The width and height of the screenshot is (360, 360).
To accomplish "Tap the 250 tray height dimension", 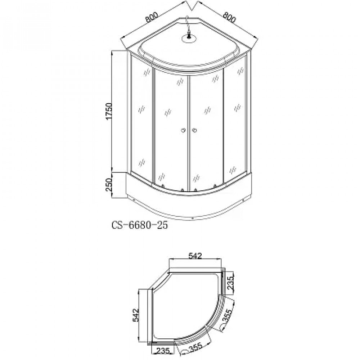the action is [x=109, y=185].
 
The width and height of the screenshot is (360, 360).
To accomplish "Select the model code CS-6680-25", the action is [x=140, y=225].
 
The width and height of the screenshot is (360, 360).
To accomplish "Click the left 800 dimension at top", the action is [x=152, y=17].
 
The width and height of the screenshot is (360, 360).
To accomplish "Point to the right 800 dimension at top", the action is [x=229, y=17].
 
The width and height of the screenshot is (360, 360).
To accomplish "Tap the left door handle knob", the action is [x=184, y=130].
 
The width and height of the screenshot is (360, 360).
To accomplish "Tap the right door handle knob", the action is [x=194, y=130].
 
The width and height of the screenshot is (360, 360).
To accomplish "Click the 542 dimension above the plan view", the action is [x=195, y=256].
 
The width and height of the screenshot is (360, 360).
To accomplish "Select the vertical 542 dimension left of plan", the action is [x=136, y=315].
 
